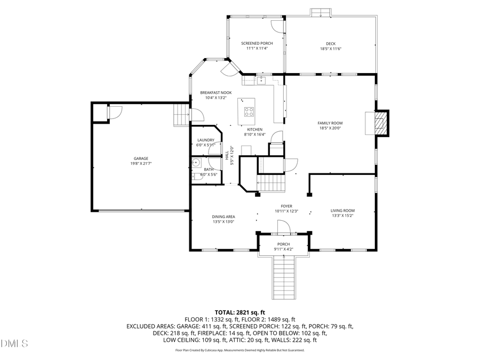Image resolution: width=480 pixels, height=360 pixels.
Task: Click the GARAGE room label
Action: [x=141, y=158]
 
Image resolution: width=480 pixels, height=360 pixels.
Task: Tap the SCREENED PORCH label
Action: [x=257, y=43]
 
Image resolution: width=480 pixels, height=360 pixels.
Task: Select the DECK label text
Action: [x=331, y=44]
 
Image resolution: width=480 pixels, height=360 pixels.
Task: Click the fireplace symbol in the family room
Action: [x=380, y=123]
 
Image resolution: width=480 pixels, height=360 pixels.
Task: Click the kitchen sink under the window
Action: [x=261, y=81]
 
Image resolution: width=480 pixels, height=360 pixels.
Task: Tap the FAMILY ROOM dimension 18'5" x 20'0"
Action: [x=330, y=128]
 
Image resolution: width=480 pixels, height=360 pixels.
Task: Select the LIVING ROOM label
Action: [x=342, y=211]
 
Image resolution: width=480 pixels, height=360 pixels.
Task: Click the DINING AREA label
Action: [x=223, y=217]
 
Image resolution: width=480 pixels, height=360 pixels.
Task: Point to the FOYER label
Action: [x=286, y=206]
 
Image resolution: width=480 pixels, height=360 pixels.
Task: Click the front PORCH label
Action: [x=283, y=244]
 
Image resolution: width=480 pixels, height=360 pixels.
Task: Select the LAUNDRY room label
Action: [x=205, y=140]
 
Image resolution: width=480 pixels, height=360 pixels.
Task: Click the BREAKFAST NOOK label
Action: [x=216, y=92]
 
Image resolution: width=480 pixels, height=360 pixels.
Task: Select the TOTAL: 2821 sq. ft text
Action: [x=239, y=312]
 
